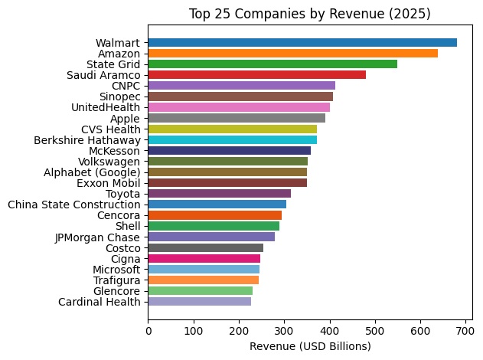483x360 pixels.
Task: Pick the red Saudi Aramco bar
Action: pos(256,74)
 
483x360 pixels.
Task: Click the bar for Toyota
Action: pos(219,194)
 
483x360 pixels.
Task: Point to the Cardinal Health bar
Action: pos(199,302)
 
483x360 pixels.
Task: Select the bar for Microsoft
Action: pos(204,270)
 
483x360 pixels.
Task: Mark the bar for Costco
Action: pos(205,247)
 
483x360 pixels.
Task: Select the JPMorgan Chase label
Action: pos(98,237)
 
